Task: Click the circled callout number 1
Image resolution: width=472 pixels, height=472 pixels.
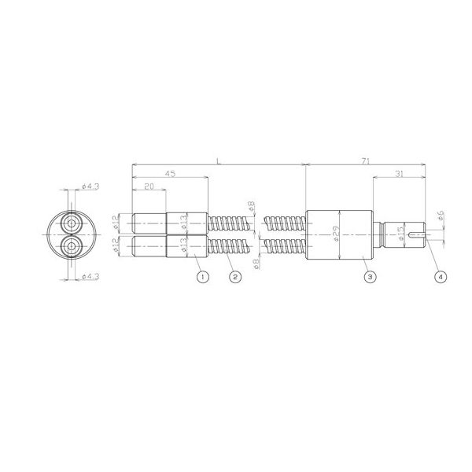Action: [202, 277]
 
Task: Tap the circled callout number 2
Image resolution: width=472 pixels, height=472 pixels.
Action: [234, 277]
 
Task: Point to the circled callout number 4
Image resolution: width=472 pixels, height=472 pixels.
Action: [440, 277]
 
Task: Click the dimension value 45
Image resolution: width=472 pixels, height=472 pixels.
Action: [170, 174]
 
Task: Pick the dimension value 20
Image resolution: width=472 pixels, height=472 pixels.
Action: [149, 187]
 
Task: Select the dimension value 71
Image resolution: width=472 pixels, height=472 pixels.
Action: [366, 160]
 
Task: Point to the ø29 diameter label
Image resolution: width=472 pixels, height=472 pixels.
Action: [336, 235]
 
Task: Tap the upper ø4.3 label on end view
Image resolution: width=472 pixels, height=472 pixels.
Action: [90, 187]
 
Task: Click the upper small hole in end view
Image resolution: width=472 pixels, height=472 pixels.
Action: [72, 223]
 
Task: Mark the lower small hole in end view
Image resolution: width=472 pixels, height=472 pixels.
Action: [72, 247]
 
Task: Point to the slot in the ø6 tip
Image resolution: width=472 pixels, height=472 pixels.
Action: [426, 235]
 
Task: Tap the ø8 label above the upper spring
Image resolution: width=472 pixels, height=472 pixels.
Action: [252, 206]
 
